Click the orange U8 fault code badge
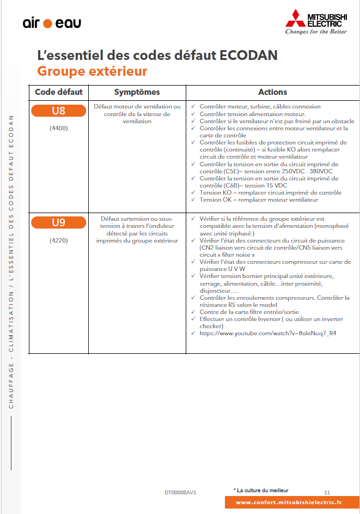pyautogui.click(x=59, y=111)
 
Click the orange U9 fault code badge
pyautogui.click(x=59, y=222)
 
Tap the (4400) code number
pyautogui.click(x=58, y=129)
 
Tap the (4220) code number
pyautogui.click(x=58, y=240)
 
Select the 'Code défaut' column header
pyautogui.click(x=59, y=92)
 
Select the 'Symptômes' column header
pyautogui.click(x=137, y=92)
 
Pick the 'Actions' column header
pyautogui.click(x=272, y=92)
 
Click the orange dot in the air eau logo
pyautogui.click(x=47, y=23)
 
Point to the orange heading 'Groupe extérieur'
pyautogui.click(x=93, y=71)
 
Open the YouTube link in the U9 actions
pyautogui.click(x=267, y=333)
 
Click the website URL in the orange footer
pyautogui.click(x=289, y=503)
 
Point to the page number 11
pyautogui.click(x=327, y=492)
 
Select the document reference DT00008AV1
pyautogui.click(x=180, y=492)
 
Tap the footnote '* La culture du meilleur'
pyautogui.click(x=261, y=490)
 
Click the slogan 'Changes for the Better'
pyautogui.click(x=316, y=32)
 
